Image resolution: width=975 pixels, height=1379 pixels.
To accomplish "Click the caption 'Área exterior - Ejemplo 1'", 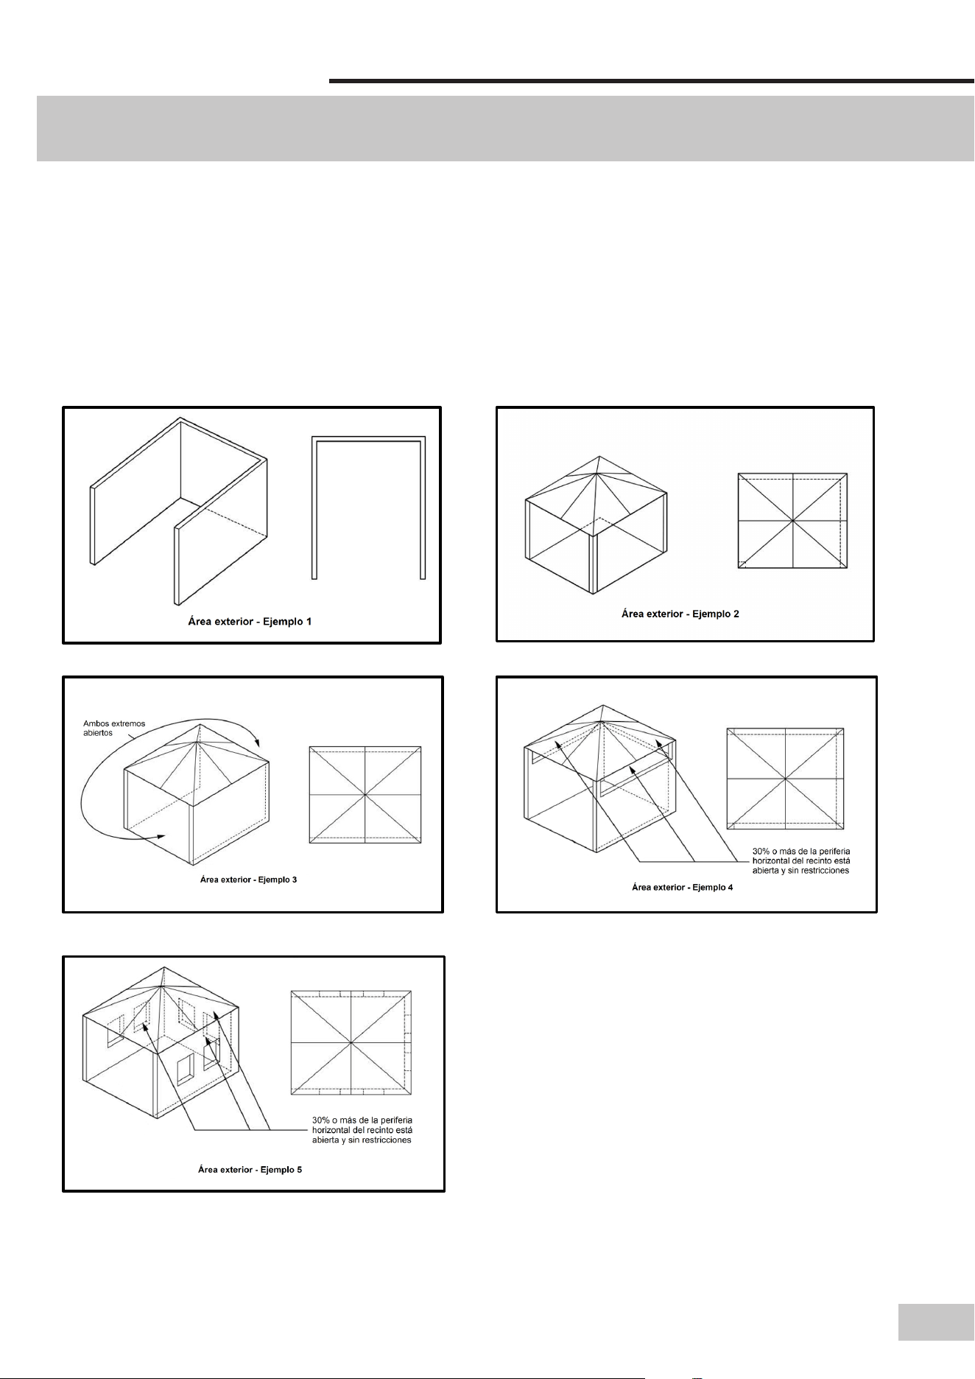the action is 249,622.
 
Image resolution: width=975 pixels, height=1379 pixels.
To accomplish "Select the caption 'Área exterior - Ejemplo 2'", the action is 680,614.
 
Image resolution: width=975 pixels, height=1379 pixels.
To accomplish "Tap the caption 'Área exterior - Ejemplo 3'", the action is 248,880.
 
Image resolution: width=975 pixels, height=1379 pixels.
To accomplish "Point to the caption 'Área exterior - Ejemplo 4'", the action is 682,887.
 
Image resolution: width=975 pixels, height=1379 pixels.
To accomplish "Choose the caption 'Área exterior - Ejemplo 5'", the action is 250,1169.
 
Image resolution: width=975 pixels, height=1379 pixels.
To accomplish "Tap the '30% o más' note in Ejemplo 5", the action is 362,1130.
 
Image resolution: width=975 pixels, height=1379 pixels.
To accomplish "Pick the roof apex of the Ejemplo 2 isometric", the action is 599,456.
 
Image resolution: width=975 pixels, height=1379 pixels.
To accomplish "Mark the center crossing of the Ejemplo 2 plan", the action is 792,521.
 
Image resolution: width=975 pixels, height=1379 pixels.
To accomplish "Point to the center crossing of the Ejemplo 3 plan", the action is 365,794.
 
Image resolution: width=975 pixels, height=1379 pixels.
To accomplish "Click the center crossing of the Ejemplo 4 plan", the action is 785,779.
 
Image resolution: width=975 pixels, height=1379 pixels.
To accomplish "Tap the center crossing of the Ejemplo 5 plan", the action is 351,1042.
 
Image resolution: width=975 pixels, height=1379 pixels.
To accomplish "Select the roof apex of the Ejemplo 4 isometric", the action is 602,705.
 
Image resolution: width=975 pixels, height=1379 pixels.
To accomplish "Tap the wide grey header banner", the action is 505,128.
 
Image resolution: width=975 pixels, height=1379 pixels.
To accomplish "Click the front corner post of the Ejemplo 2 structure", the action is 594,563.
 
